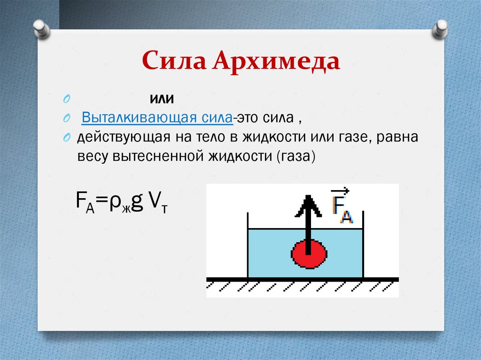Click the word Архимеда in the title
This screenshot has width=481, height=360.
[x=275, y=62]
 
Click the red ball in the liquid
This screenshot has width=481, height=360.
[x=309, y=254]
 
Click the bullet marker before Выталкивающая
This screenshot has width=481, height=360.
[x=67, y=118]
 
